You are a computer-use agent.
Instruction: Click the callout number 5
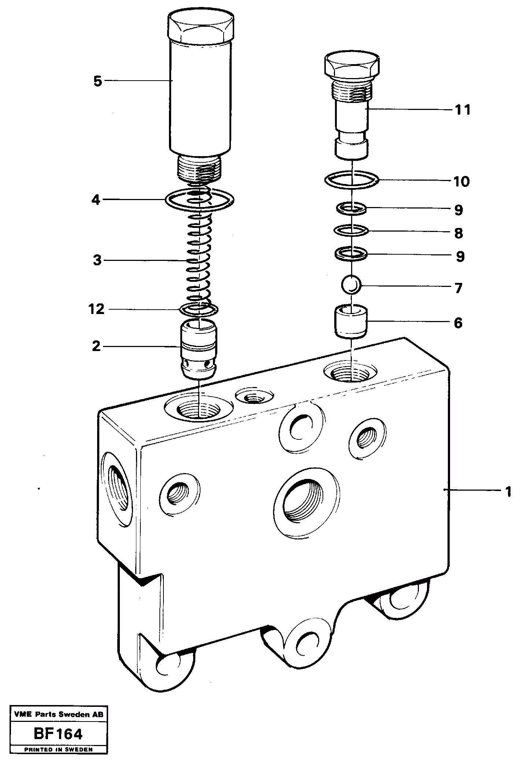click(97, 81)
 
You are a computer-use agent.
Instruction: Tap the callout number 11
click(463, 110)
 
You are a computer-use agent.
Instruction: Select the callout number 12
click(97, 310)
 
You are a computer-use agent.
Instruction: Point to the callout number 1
click(508, 492)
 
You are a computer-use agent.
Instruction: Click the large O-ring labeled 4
click(200, 200)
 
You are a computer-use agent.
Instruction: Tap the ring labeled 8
click(351, 231)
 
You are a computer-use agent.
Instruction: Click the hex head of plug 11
click(351, 65)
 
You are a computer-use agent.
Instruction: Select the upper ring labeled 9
click(351, 209)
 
